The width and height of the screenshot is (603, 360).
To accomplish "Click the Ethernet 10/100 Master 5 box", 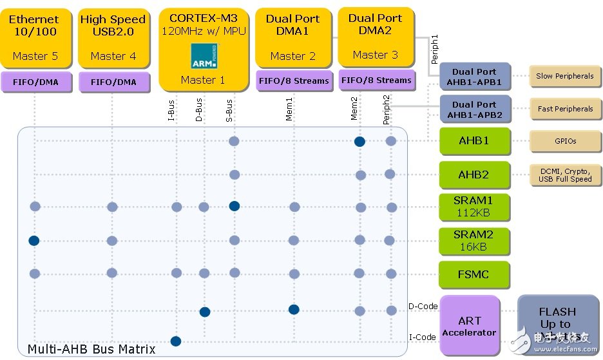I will coord(33,37).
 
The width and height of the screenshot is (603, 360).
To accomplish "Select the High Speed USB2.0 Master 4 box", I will coord(113,37).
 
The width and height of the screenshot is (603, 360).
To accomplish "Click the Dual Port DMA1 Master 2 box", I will coord(293,37).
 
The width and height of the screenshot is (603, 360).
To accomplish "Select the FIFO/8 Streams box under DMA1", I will coord(293,81).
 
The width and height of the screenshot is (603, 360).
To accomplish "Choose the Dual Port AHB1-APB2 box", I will coord(474,109).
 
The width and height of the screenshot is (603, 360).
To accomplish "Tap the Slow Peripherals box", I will coord(564,76).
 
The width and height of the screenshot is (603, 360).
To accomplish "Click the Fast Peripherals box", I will coord(564,109).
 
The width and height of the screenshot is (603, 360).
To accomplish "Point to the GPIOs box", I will coord(564,141).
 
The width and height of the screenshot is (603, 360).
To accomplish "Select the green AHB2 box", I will coord(474,175).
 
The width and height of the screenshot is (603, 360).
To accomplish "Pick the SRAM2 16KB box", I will coord(474,241).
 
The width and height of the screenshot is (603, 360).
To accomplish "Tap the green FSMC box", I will coord(474,274).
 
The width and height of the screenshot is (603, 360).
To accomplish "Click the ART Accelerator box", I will coord(469,326).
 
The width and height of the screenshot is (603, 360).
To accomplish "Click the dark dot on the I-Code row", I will coord(175,341).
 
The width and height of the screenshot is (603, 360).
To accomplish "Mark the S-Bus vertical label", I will coord(229,110).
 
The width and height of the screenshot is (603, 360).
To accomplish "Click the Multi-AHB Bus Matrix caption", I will coord(91,349).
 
